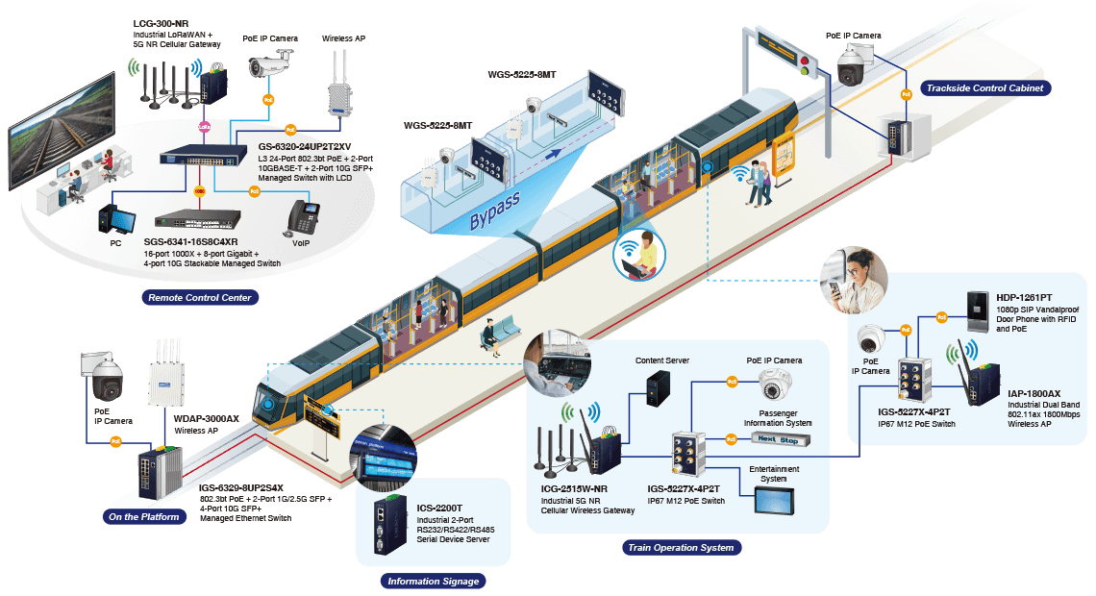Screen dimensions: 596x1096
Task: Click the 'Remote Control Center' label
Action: [199, 297]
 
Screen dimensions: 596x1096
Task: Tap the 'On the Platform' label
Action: [143, 516]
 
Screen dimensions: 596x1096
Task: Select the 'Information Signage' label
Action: [433, 581]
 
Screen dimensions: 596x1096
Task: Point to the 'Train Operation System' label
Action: [681, 547]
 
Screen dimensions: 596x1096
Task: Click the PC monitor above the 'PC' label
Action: [116, 218]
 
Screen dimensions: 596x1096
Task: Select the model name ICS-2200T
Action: [439, 508]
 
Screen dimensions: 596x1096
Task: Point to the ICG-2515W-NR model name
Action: [574, 488]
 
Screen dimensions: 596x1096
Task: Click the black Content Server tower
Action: [657, 389]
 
